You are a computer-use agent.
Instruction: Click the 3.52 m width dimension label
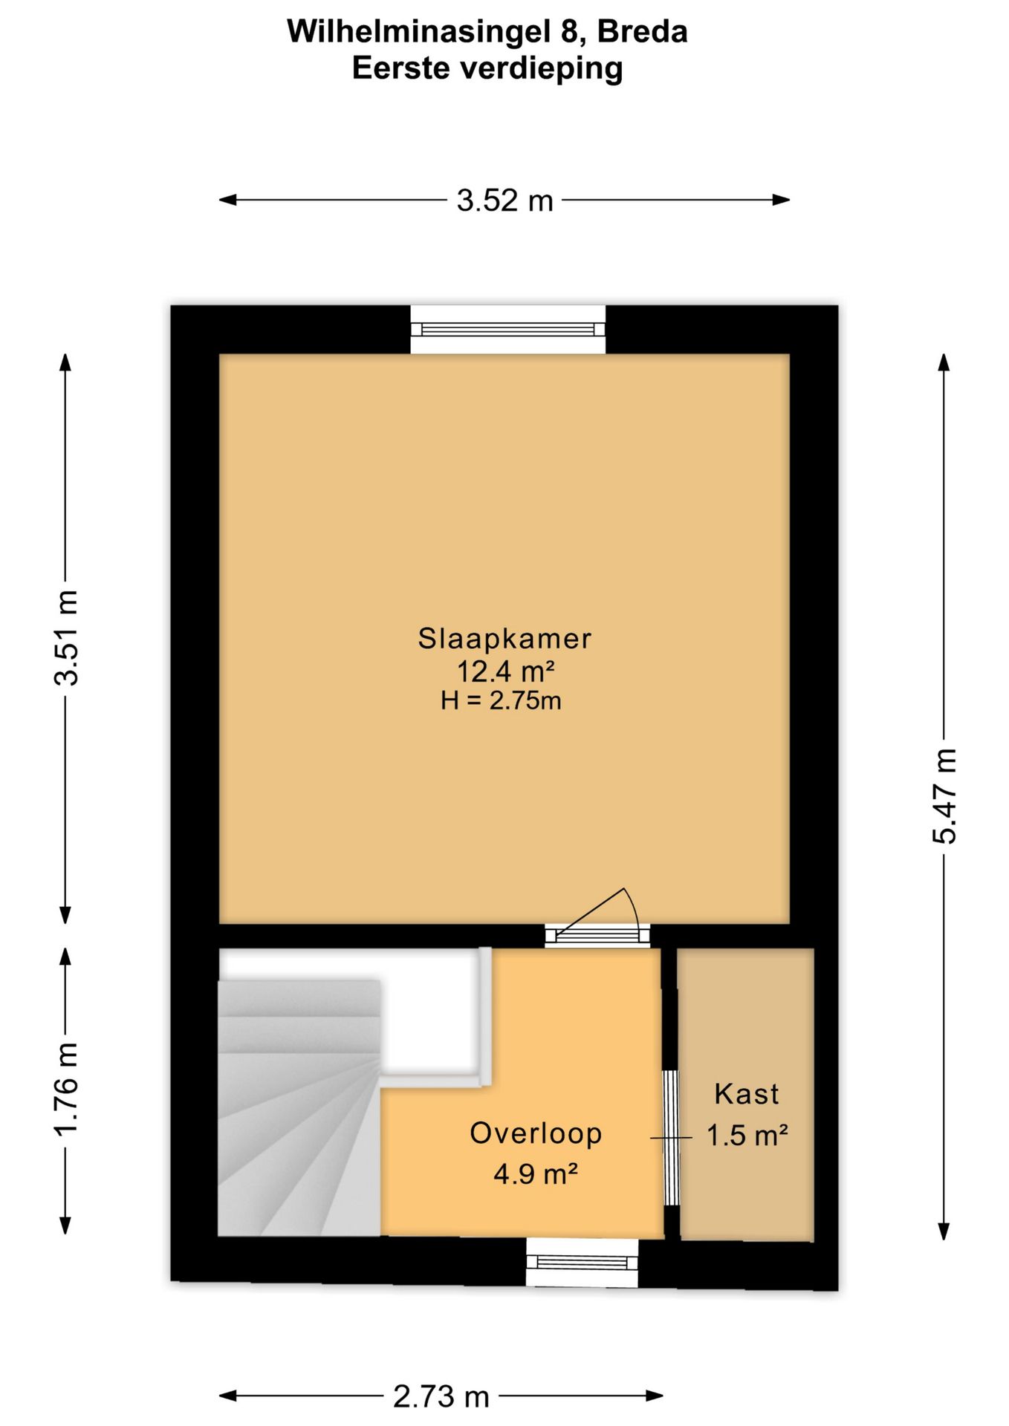click(504, 201)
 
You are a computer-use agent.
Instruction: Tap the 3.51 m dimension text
click(67, 637)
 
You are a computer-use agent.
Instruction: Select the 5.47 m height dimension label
click(944, 796)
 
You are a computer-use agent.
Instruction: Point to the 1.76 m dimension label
click(67, 1090)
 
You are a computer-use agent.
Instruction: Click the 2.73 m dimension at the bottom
click(441, 1397)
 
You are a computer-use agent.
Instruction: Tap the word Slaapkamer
click(504, 639)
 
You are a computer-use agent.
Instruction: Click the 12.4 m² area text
click(505, 671)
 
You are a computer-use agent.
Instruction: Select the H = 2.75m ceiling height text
click(501, 700)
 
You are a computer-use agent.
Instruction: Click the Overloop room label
click(536, 1133)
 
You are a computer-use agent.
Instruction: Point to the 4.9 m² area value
click(536, 1174)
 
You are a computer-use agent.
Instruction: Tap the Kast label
click(747, 1094)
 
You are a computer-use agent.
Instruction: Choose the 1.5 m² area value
click(747, 1136)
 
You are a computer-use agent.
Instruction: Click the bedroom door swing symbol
click(599, 915)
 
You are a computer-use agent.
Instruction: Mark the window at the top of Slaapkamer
click(508, 330)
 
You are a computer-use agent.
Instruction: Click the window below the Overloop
click(582, 1263)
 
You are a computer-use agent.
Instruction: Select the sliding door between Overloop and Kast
click(671, 1137)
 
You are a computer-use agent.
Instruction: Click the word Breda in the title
click(642, 32)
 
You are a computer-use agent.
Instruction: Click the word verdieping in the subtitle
click(541, 69)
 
